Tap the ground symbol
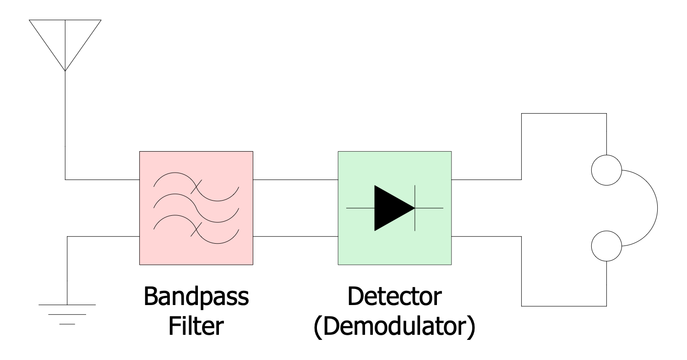coord(67,314)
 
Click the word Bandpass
coord(196,298)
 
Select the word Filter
coord(196,327)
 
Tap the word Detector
coord(394,298)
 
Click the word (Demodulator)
coord(394,327)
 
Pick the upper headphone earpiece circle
coord(606,170)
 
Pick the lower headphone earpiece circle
coord(606,246)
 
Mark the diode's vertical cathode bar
coord(415,208)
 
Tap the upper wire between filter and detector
coord(295,179)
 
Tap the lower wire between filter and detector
coord(295,237)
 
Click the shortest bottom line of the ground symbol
coord(67,324)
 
